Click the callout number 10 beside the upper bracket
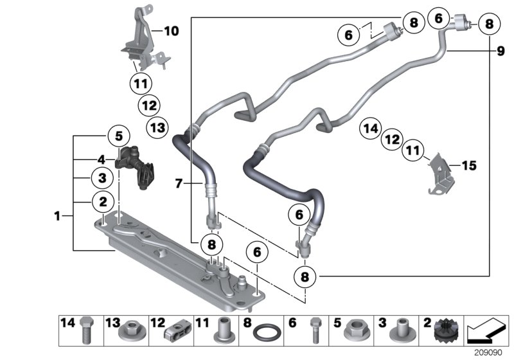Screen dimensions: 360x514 pyautogui.click(x=172, y=30)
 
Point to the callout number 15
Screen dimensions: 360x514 pyautogui.click(x=469, y=166)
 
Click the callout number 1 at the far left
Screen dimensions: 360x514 pyautogui.click(x=58, y=217)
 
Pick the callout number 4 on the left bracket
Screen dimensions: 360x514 pyautogui.click(x=101, y=159)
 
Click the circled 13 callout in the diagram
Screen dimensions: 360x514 pyautogui.click(x=156, y=127)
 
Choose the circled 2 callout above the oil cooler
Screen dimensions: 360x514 pyautogui.click(x=102, y=201)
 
